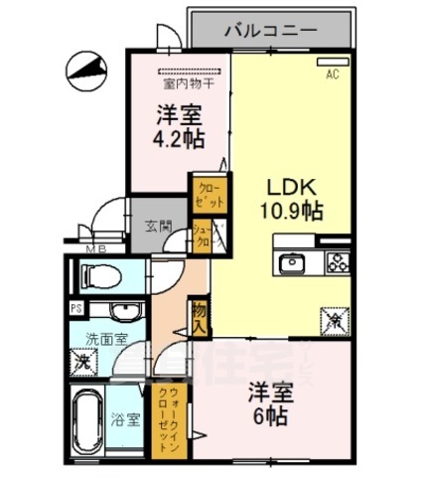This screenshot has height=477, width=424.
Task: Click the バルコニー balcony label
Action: pyautogui.click(x=270, y=30)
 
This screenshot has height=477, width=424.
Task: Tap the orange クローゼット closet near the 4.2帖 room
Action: pyautogui.click(x=210, y=192)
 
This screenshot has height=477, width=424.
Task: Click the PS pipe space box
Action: pyautogui.click(x=75, y=308)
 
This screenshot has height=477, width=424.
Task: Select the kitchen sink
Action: pyautogui.click(x=295, y=264)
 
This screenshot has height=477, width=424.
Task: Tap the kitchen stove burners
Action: pyautogui.click(x=338, y=264)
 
